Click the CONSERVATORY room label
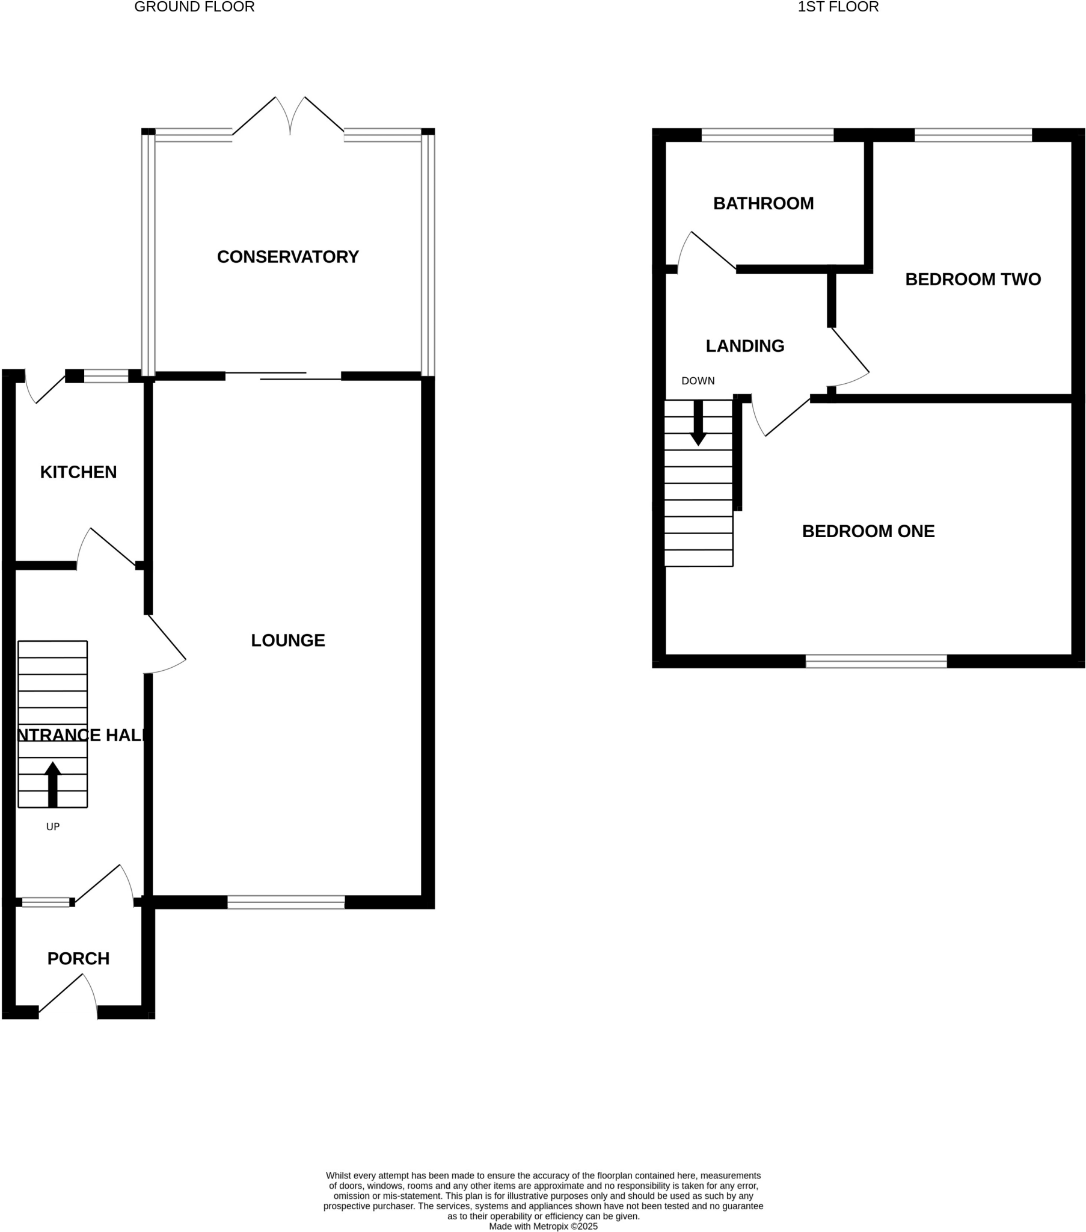click(x=287, y=257)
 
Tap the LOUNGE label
click(x=287, y=640)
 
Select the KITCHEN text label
click(x=78, y=472)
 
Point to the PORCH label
click(x=78, y=958)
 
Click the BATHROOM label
click(x=763, y=204)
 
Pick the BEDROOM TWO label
click(x=973, y=279)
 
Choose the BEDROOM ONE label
click(x=868, y=531)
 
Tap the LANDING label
click(x=745, y=346)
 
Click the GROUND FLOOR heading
click(x=194, y=7)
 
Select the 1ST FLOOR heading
click(x=838, y=7)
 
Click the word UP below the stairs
click(x=53, y=827)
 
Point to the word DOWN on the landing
click(x=698, y=381)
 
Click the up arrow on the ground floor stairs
click(x=53, y=784)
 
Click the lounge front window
click(x=286, y=902)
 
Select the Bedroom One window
click(x=876, y=661)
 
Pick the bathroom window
click(x=767, y=135)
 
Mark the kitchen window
click(x=105, y=376)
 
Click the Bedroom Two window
click(x=973, y=135)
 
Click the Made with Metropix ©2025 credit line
click(x=543, y=1226)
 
